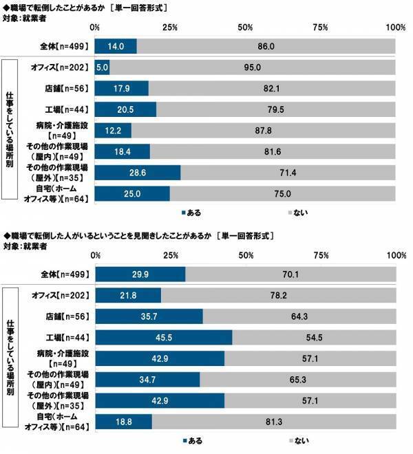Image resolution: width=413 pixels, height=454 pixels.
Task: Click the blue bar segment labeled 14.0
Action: [115, 46]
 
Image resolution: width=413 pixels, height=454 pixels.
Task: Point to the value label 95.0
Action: [253, 67]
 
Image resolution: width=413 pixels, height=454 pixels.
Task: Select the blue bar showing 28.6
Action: [137, 172]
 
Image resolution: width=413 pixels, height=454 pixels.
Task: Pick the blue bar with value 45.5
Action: [163, 337]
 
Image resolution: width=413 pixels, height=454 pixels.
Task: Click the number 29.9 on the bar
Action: [140, 274]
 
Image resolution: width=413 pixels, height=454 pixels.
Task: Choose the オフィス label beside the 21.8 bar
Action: [61, 295]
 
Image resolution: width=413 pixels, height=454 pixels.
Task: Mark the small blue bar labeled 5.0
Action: [102, 67]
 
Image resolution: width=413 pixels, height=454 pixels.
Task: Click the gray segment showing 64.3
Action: [299, 316]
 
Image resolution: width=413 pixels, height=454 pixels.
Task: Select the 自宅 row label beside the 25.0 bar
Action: [61, 193]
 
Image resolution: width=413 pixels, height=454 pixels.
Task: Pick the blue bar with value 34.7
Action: [147, 380]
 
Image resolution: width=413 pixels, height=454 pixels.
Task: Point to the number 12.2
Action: [113, 130]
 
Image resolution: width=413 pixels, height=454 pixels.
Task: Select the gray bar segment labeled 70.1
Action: [290, 274]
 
